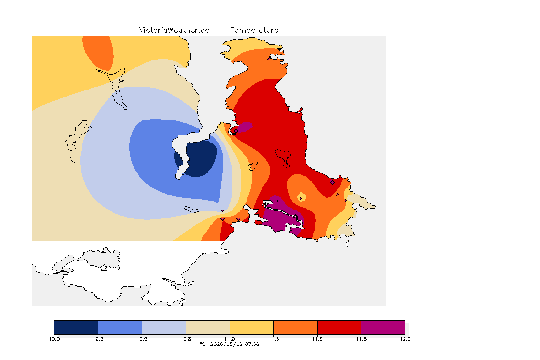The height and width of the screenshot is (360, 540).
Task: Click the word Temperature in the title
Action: click(254, 30)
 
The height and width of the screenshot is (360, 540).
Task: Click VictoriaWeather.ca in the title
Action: click(174, 30)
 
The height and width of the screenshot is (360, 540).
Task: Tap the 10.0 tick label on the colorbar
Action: click(54, 339)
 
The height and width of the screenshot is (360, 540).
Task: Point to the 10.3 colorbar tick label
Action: click(98, 339)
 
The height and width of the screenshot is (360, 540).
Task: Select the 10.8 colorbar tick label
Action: click(186, 339)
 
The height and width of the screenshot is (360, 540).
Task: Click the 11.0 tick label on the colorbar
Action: click(230, 339)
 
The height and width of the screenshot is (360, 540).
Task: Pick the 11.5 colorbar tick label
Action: click(317, 339)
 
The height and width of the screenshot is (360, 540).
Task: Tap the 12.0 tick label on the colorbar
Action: click(405, 339)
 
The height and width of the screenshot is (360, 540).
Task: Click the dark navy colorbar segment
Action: click(76, 327)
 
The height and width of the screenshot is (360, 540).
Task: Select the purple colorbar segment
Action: click(383, 327)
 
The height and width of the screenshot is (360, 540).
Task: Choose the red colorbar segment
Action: click(339, 327)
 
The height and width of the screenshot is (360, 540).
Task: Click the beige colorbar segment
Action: click(208, 327)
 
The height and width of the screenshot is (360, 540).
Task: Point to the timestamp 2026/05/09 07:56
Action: click(234, 344)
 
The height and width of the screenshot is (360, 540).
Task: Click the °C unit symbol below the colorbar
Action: click(202, 344)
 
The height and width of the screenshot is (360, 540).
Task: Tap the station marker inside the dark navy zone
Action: click(212, 149)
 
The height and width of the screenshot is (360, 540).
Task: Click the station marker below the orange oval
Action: click(108, 69)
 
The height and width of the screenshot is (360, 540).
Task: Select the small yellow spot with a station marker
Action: click(300, 197)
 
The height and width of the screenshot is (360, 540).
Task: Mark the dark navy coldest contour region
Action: click(197, 158)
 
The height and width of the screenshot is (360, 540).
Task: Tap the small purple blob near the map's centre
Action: click(244, 127)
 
